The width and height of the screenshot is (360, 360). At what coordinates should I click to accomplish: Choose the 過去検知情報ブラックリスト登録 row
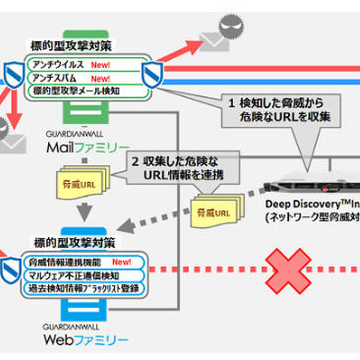click(x=82, y=287)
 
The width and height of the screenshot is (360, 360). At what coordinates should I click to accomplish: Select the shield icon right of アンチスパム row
click(x=152, y=75)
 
